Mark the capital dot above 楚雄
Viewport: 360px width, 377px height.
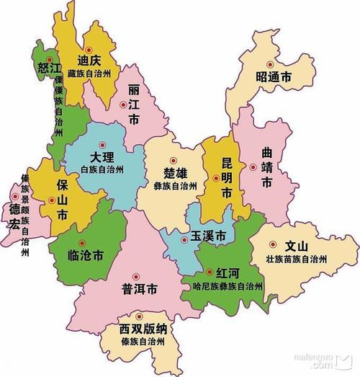(x=173, y=159)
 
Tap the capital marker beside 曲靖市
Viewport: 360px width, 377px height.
(x=253, y=167)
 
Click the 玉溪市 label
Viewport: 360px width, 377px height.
(x=208, y=236)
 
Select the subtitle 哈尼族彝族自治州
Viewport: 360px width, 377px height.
(x=223, y=287)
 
